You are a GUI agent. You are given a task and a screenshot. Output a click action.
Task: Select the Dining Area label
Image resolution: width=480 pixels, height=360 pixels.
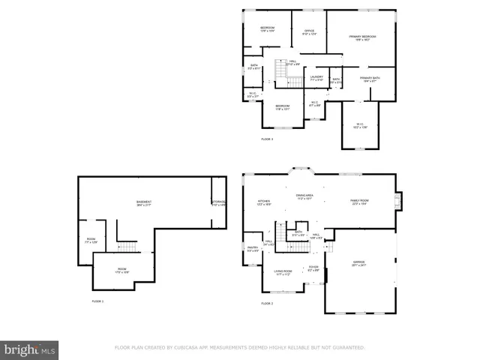pyautogui.click(x=304, y=196)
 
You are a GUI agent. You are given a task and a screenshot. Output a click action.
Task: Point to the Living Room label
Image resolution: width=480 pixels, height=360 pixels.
pyautogui.click(x=283, y=273)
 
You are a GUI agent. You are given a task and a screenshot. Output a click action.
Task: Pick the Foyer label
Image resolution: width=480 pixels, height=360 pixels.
pyautogui.click(x=313, y=268)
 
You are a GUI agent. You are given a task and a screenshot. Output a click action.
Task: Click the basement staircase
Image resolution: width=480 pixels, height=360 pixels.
pyautogui.click(x=127, y=247)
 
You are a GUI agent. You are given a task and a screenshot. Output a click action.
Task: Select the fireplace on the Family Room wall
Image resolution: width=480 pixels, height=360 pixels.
pyautogui.click(x=399, y=200)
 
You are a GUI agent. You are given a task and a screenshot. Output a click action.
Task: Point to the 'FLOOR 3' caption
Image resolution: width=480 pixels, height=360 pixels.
pyautogui.click(x=267, y=139)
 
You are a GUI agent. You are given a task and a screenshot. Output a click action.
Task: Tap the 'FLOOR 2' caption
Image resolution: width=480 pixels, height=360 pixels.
pyautogui.click(x=267, y=304)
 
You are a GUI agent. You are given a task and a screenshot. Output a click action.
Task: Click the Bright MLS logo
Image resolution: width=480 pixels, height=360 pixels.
pyautogui.click(x=30, y=349)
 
